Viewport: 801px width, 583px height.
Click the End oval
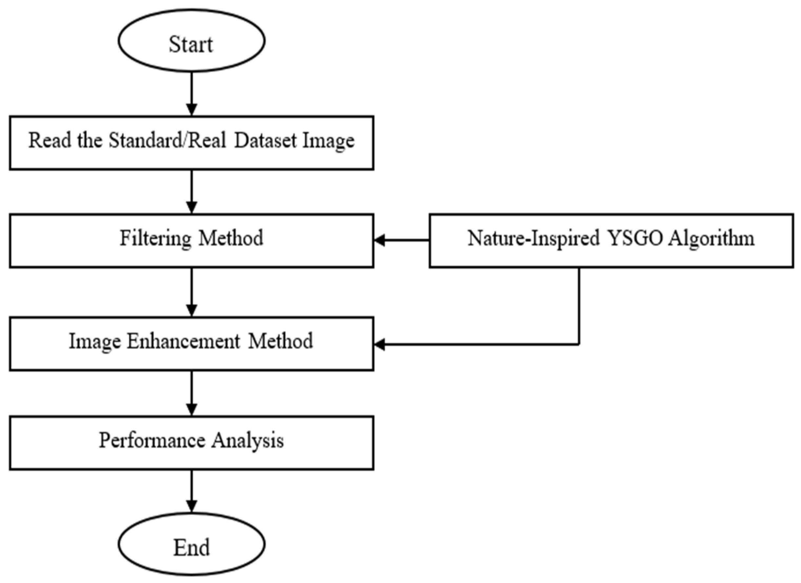point(191,545)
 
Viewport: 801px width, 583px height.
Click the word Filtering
point(155,238)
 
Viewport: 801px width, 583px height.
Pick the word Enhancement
point(183,341)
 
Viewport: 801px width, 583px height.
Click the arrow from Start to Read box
point(191,94)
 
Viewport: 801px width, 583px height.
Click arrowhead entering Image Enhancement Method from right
point(380,344)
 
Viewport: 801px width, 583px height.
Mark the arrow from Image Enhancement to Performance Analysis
point(191,393)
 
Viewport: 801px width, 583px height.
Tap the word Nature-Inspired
point(533,238)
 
